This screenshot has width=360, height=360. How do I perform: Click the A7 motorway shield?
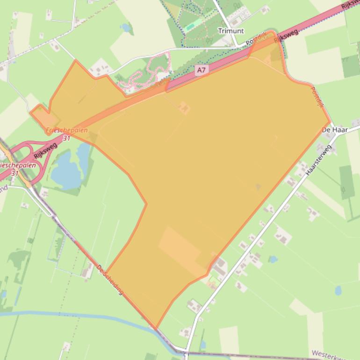pos(201,70)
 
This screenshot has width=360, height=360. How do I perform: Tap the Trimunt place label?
pos(231,31)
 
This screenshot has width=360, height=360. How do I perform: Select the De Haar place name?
pos(335,130)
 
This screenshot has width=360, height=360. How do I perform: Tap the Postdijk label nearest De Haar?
pos(317,96)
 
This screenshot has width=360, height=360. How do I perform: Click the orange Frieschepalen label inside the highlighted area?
pos(67,130)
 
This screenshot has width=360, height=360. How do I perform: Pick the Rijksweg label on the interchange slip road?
pos(45,151)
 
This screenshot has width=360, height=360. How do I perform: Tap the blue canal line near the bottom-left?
pos(70,314)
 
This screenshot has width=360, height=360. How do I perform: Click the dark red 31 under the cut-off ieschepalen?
pos(14,173)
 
